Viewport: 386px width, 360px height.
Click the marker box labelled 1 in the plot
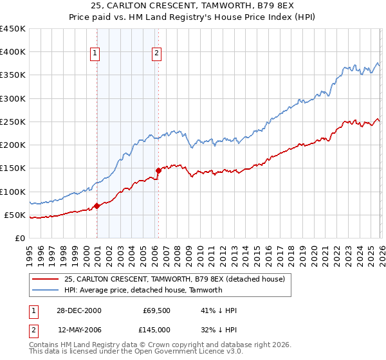[x=95, y=54]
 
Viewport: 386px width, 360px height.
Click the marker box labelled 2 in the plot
[x=156, y=54]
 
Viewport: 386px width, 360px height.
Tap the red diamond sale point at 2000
[x=97, y=206]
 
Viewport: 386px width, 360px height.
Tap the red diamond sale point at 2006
[x=158, y=170]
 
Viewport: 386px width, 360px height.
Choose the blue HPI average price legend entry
[x=143, y=290]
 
